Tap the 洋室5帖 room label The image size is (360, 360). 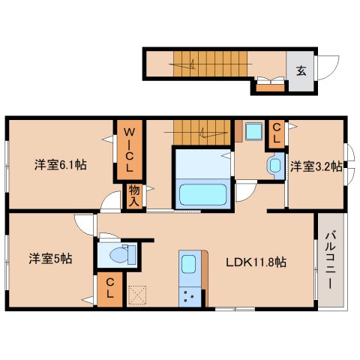51,258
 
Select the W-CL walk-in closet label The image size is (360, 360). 128,150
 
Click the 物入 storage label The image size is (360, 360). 133,196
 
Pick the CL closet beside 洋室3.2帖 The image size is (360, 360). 276,135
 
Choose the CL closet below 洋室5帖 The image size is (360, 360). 109,289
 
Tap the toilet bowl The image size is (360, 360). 116,256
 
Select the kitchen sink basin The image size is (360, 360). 187,265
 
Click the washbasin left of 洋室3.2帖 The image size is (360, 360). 274,163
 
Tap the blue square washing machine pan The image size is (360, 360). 252,133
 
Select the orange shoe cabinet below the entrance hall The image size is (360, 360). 270,88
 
